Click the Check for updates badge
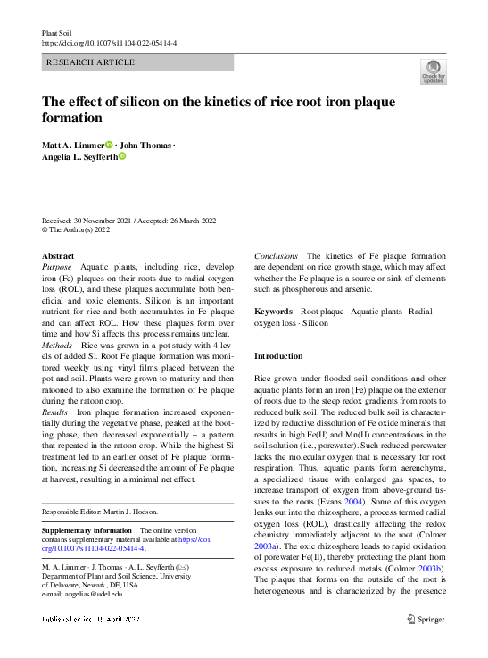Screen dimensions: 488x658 point(434,71)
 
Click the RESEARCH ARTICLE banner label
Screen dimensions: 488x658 point(90,62)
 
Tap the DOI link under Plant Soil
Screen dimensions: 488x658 point(110,43)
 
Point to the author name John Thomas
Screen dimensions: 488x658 point(146,145)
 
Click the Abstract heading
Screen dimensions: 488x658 point(59,255)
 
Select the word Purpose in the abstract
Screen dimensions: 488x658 point(57,267)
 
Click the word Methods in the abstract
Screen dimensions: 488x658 point(57,344)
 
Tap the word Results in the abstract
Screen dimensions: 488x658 point(55,413)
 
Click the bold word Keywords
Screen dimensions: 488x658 point(274,312)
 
